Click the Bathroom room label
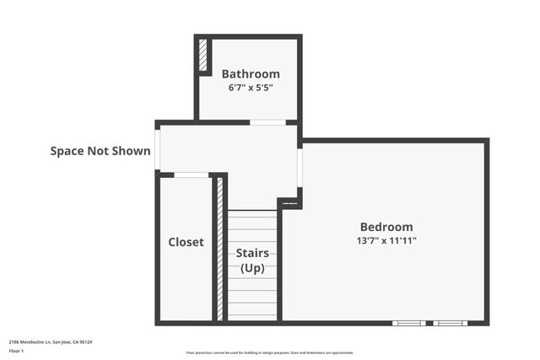pyautogui.click(x=250, y=74)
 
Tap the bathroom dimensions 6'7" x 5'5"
pyautogui.click(x=250, y=88)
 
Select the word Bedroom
pyautogui.click(x=386, y=227)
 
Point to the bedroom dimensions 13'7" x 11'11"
pyautogui.click(x=386, y=240)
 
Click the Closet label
pyautogui.click(x=186, y=242)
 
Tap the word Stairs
pyautogui.click(x=252, y=253)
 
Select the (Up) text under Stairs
pyautogui.click(x=252, y=268)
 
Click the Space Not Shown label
pyautogui.click(x=100, y=152)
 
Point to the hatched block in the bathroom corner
pyautogui.click(x=204, y=56)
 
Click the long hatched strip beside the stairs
pyautogui.click(x=220, y=248)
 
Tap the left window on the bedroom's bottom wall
pyautogui.click(x=409, y=323)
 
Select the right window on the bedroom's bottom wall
pyautogui.click(x=449, y=323)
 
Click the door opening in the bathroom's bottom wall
pyautogui.click(x=267, y=122)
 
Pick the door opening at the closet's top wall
pyautogui.click(x=192, y=175)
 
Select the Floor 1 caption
pyautogui.click(x=17, y=350)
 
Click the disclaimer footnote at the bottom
pyautogui.click(x=269, y=352)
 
